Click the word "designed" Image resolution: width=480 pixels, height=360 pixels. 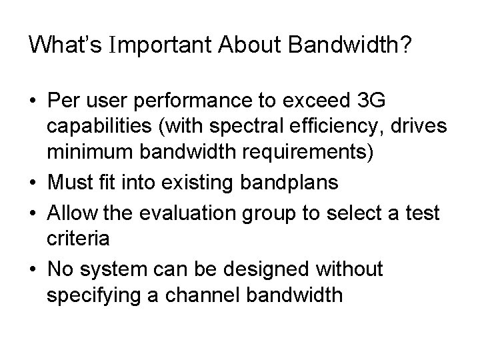[259, 269]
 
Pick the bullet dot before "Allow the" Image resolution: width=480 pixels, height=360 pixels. [33, 214]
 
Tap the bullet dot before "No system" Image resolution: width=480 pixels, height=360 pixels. [33, 270]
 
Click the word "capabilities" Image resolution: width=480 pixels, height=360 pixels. [105, 127]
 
